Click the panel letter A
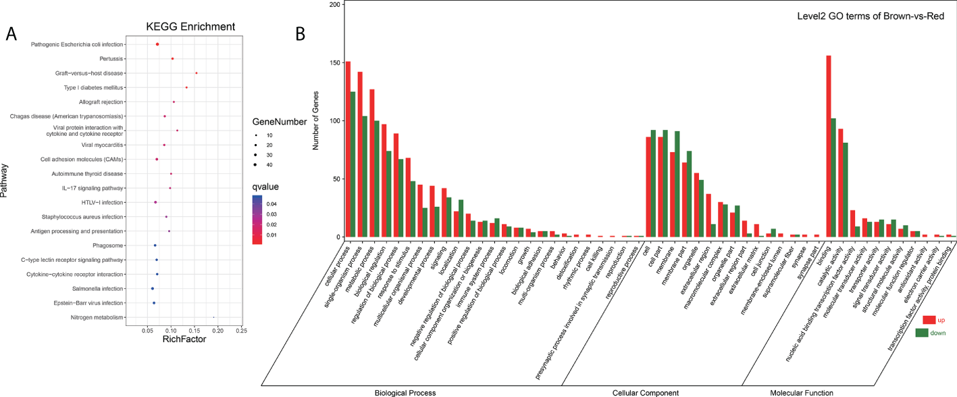(11, 35)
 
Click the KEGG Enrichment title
(190, 27)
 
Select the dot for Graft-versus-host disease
(196, 73)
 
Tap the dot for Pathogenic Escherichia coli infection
(157, 44)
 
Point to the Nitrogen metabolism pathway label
(97, 317)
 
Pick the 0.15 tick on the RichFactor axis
(194, 331)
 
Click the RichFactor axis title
(184, 340)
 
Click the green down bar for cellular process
(353, 164)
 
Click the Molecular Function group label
(801, 392)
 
